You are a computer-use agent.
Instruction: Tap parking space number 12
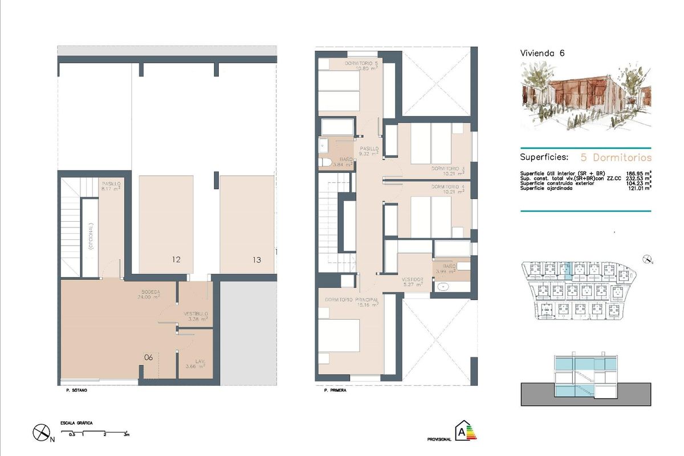pos(176,260)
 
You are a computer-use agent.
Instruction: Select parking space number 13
pos(256,260)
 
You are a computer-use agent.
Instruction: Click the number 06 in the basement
pos(148,357)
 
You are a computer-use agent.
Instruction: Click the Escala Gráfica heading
pos(76,424)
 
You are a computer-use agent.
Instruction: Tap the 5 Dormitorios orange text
pos(616,157)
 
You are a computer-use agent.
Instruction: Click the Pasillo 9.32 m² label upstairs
pos(369,151)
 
